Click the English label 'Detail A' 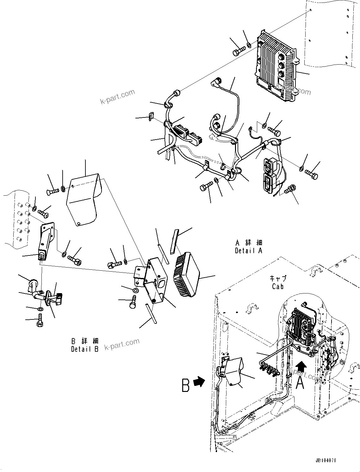click(249, 251)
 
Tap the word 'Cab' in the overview click(277, 286)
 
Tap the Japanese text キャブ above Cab click(277, 279)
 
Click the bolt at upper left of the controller click(239, 51)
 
